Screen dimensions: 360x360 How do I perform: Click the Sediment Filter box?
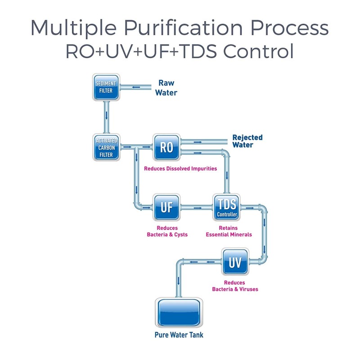pos(107,87)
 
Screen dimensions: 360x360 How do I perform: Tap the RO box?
pos(166,147)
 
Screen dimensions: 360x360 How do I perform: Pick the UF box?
pos(166,207)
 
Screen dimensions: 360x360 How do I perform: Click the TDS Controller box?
pos(227,207)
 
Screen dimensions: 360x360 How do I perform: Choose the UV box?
pos(235,262)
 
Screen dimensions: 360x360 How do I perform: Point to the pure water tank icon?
pos(179,313)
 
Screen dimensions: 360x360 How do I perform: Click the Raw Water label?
pos(166,88)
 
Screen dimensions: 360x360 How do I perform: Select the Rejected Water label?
pos(247,141)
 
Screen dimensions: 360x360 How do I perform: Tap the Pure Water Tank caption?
pos(179,335)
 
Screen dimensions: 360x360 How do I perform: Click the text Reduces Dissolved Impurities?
pos(180,169)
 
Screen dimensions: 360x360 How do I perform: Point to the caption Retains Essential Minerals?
pos(229,231)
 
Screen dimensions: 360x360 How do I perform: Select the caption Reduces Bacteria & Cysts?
pos(167,231)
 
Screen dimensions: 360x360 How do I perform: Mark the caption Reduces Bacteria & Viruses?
pos(235,286)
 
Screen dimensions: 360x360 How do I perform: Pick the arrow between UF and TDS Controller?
pos(197,207)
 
